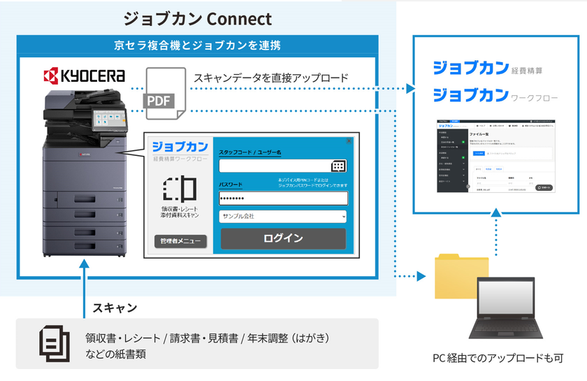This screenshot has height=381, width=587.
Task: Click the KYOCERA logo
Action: (x=84, y=76)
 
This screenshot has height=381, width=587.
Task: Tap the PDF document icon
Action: (x=164, y=92)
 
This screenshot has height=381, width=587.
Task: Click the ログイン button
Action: (x=283, y=238)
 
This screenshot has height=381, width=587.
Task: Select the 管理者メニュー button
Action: (x=180, y=241)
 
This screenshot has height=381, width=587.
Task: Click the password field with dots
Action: (x=283, y=198)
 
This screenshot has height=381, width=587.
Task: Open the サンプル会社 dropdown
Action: (x=283, y=217)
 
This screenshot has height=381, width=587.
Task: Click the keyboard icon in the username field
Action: (x=338, y=166)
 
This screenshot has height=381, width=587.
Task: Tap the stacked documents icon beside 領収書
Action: (x=54, y=343)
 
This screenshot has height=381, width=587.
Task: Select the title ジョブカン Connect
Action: (x=197, y=19)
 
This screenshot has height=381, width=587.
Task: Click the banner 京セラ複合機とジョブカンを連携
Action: (x=197, y=46)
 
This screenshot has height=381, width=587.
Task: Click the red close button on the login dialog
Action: (x=349, y=141)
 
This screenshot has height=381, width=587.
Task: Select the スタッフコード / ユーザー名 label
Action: (x=249, y=152)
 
